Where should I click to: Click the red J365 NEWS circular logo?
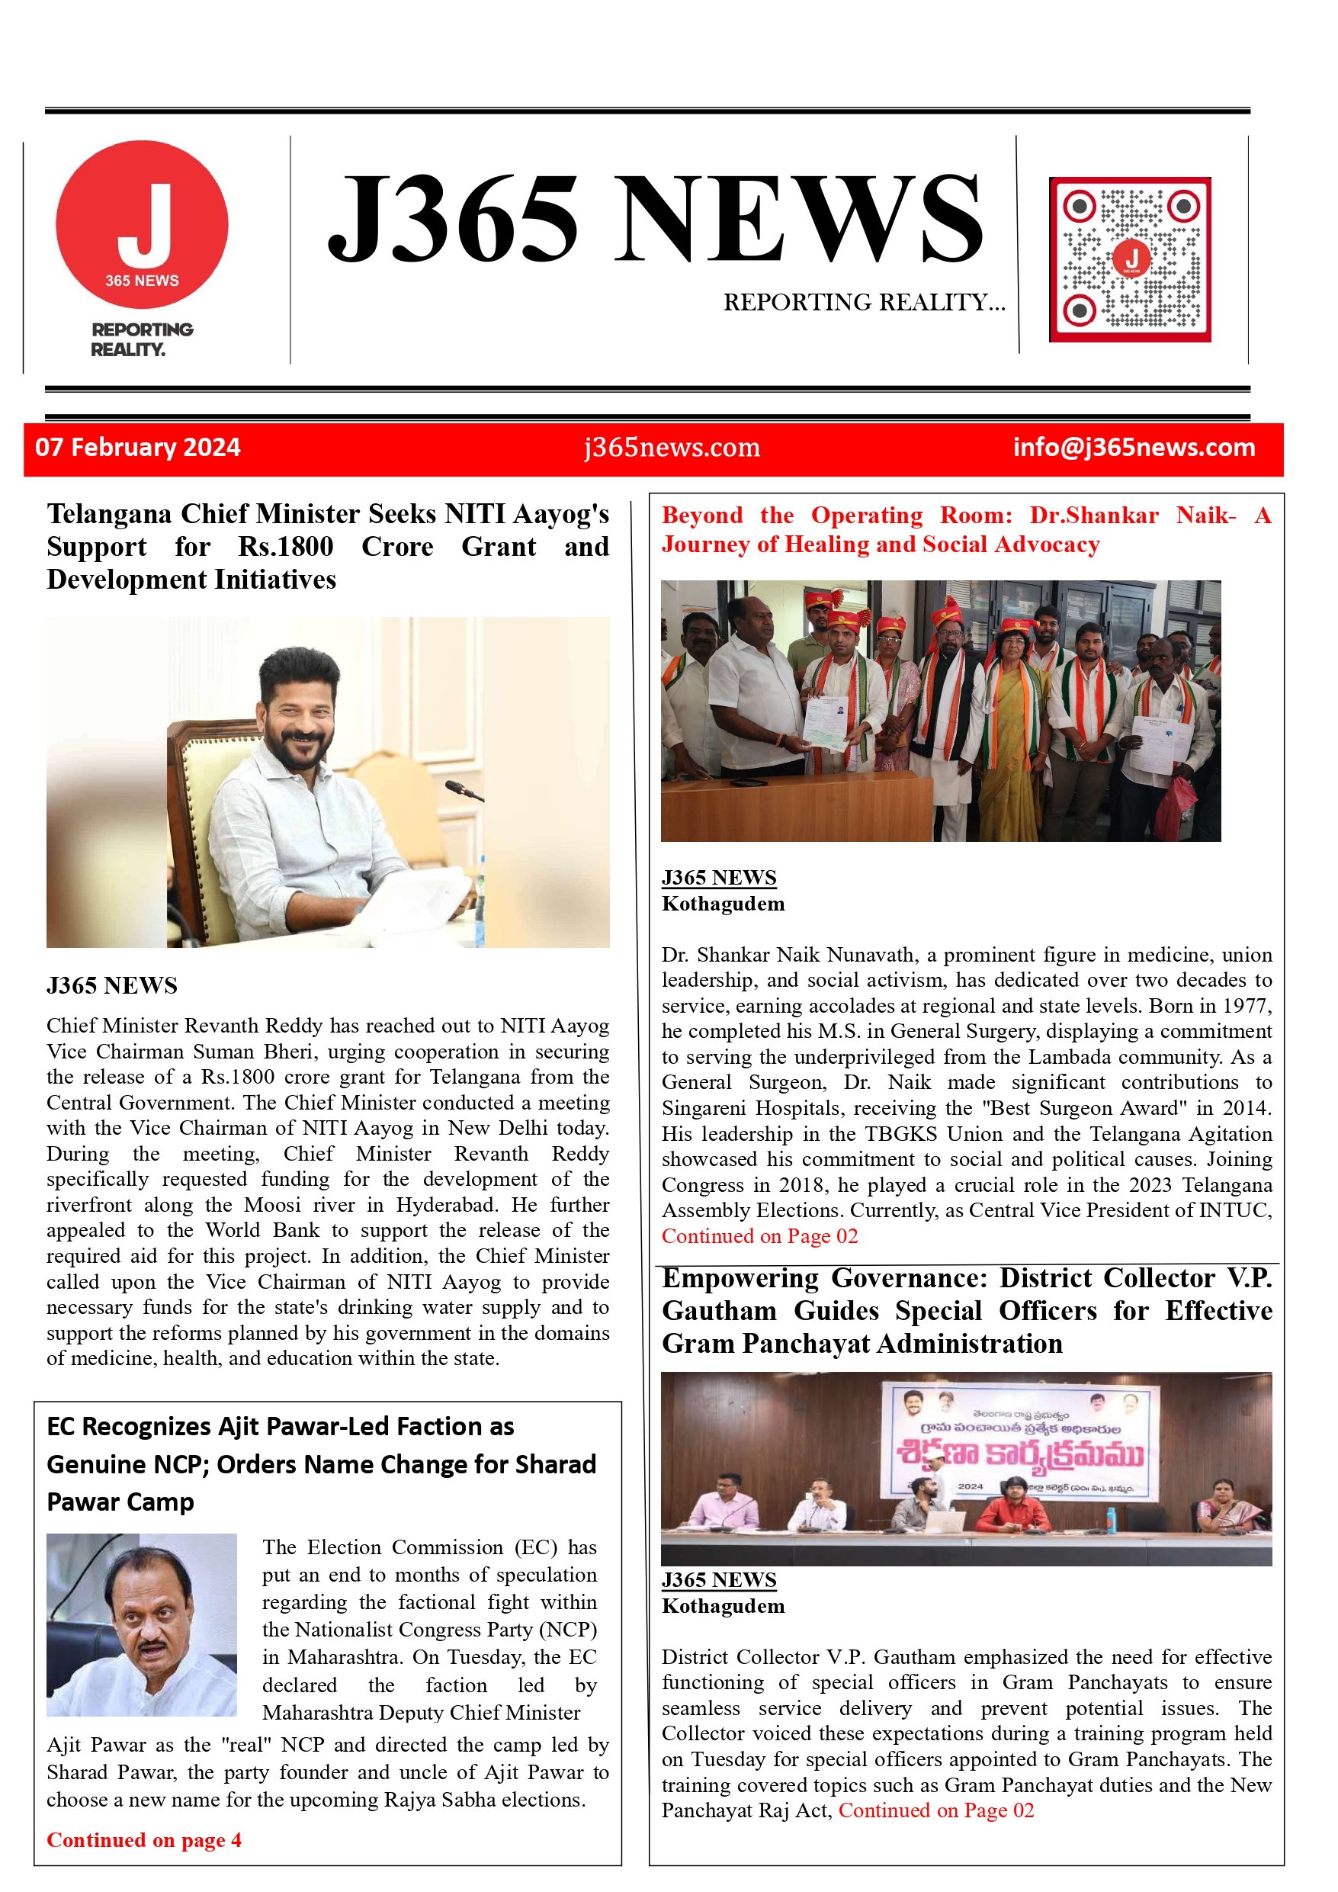(142, 224)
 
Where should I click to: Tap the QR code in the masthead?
(1130, 259)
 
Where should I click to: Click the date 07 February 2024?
(137, 448)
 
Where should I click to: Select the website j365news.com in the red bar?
(672, 448)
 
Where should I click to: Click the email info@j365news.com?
(1134, 448)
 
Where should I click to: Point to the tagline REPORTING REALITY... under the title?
(864, 303)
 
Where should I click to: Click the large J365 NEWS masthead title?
(655, 218)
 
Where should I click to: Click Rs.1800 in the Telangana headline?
(286, 546)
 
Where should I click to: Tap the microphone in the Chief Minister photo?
(462, 790)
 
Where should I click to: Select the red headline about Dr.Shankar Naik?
(966, 530)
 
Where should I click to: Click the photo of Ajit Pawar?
(142, 1624)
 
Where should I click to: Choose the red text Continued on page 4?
(144, 1840)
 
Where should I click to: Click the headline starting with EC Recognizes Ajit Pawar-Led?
(321, 1463)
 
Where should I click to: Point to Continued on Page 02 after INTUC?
(759, 1236)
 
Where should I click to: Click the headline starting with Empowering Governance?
(967, 1310)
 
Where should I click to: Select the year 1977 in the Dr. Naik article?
(1249, 1006)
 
